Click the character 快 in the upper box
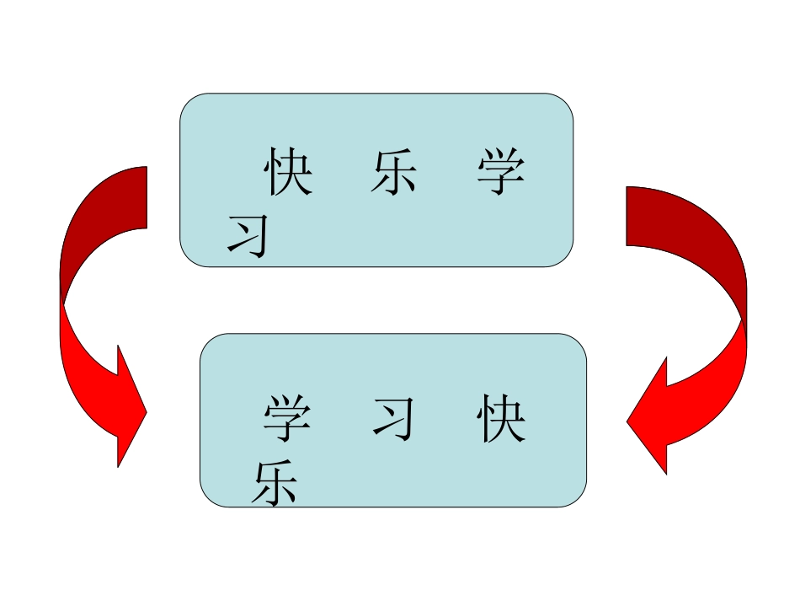click(288, 173)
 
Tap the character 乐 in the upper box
click(393, 173)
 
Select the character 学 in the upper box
click(500, 173)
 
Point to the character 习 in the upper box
click(248, 235)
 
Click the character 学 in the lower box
click(287, 421)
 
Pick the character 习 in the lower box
click(394, 420)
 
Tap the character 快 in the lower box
click(500, 421)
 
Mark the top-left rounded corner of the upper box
click(190, 104)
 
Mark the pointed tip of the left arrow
click(147, 412)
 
